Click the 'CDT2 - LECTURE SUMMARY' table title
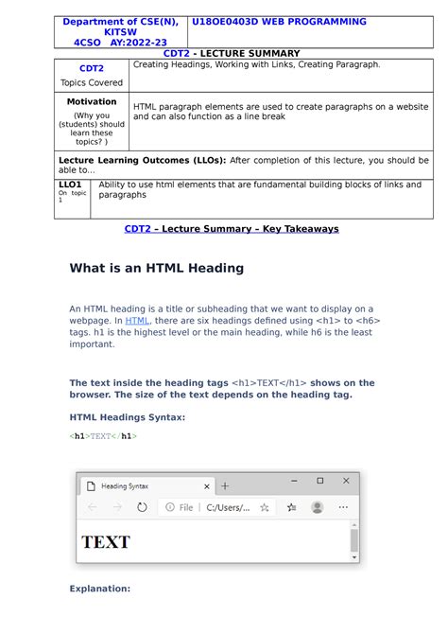point(232,54)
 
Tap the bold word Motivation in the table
point(92,101)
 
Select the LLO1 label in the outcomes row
point(70,185)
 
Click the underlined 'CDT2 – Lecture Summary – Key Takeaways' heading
point(232,229)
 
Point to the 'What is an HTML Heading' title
point(157,268)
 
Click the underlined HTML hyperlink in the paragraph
point(137,321)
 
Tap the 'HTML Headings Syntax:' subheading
point(128,416)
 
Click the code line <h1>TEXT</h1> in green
point(103,436)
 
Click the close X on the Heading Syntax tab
point(207,485)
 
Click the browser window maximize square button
point(319,481)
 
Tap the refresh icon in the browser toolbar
point(142,507)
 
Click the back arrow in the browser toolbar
point(92,507)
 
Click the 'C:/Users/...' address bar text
point(227,507)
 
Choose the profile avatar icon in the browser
point(317,507)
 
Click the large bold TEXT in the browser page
point(106,542)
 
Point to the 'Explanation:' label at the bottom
point(99,589)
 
